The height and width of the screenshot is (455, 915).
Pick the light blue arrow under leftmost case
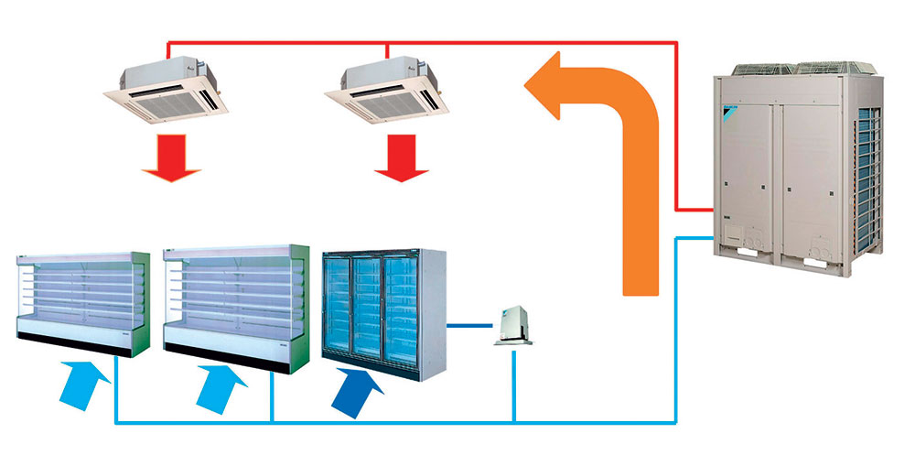coord(82,385)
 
